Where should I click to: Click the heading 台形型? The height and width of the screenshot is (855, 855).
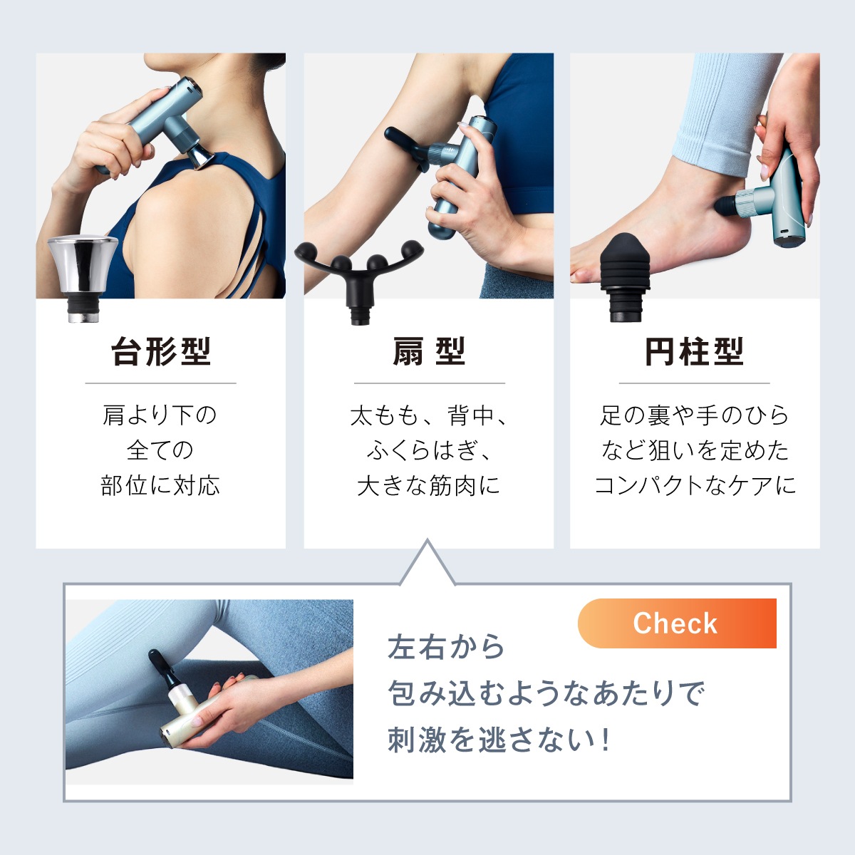[x=161, y=351]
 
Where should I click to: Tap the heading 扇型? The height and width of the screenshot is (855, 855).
[x=429, y=351]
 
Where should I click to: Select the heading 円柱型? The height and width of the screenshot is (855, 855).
[x=695, y=351]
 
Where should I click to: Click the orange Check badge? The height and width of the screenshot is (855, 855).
[x=676, y=623]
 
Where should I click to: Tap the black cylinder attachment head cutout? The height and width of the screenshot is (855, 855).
[x=625, y=274]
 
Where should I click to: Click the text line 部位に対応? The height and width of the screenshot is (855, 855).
[x=161, y=486]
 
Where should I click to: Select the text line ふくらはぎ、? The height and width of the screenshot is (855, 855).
[x=429, y=450]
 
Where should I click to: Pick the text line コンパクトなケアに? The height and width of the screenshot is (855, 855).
[x=695, y=486]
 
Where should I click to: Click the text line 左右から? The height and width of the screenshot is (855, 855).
[x=446, y=647]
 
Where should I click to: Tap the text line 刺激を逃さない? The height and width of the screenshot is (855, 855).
[x=499, y=740]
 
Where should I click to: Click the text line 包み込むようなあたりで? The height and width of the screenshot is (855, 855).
[x=546, y=693]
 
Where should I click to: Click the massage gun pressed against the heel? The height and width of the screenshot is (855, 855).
[x=773, y=199]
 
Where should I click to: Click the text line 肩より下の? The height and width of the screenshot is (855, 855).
[x=161, y=415]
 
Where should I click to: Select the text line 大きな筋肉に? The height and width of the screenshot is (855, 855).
[x=429, y=486]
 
